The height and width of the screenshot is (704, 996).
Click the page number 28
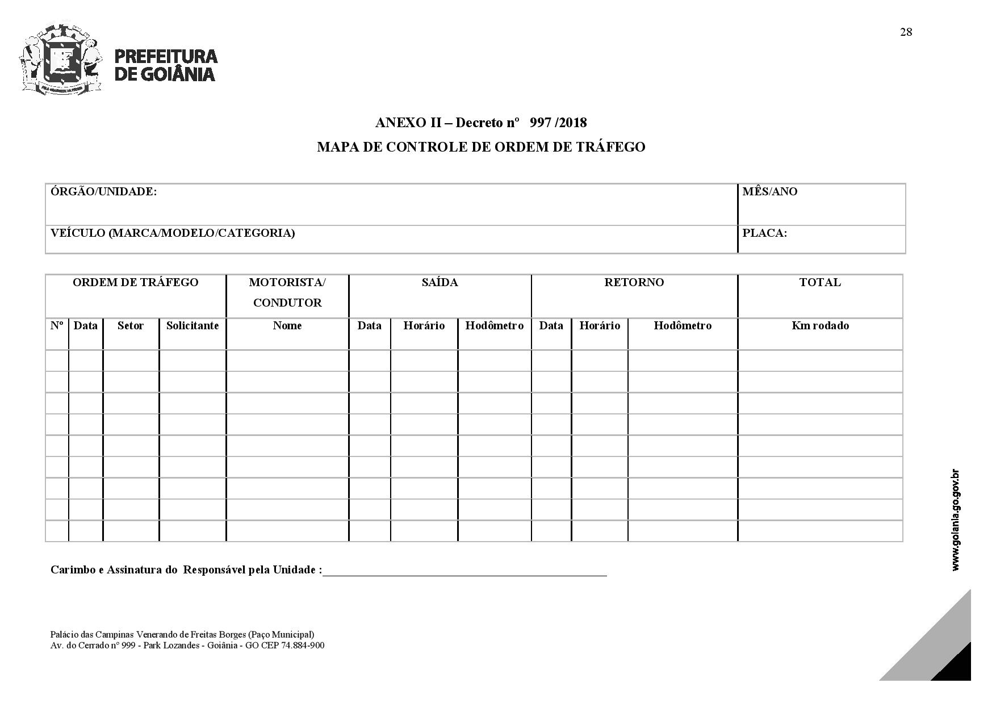point(906,32)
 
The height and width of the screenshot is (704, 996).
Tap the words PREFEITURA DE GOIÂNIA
point(165,65)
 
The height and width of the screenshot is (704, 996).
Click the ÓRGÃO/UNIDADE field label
point(103,192)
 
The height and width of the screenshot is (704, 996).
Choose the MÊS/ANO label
point(769,192)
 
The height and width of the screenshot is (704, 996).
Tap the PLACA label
point(764,233)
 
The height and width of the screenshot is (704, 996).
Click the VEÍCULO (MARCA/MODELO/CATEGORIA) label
point(173,233)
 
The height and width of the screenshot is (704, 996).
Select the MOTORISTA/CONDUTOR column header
point(287,292)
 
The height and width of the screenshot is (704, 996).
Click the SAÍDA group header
point(440,283)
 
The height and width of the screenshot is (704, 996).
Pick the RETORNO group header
point(634,283)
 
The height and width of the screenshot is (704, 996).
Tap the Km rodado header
point(820,326)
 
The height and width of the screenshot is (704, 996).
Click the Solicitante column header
point(192,326)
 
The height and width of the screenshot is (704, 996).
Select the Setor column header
point(130,326)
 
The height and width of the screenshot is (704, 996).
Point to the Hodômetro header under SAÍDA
point(494,326)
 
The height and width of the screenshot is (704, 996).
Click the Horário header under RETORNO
point(600,326)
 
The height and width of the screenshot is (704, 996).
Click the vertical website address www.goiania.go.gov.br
point(955,519)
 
